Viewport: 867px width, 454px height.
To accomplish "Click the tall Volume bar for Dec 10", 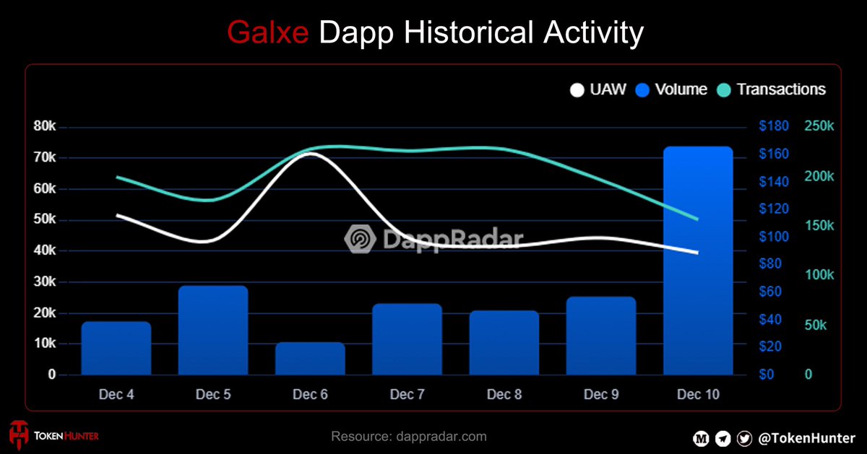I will [x=698, y=261].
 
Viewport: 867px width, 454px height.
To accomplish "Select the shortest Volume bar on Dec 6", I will [x=310, y=359].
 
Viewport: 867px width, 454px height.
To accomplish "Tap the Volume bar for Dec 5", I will [x=213, y=330].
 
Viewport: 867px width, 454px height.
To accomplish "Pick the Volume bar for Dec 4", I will [x=116, y=348].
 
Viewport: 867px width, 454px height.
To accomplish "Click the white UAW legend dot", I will [x=577, y=90].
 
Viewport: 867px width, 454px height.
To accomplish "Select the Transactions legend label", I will [x=780, y=90].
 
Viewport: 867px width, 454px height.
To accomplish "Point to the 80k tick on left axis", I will [x=45, y=126].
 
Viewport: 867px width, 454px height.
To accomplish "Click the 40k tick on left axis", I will [x=45, y=250].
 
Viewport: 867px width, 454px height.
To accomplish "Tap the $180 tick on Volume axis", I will [x=774, y=127].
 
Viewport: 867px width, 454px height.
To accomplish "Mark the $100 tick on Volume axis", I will [x=774, y=237].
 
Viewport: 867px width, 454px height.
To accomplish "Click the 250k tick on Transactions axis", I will [x=819, y=127].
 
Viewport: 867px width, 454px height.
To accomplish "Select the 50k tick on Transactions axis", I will [x=819, y=326].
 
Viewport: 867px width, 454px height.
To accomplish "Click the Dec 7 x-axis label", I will [x=407, y=395].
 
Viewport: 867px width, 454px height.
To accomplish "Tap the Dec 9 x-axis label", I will [x=601, y=395].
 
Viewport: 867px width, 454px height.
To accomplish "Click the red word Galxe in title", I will [x=269, y=32].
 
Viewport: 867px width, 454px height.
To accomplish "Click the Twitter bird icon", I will [x=743, y=437].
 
